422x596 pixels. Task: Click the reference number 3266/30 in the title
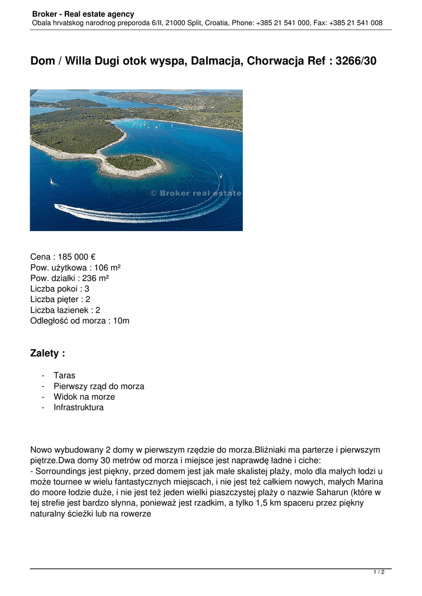pyautogui.click(x=356, y=61)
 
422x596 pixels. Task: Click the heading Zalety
pyautogui.click(x=47, y=353)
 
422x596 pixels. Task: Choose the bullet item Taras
pyautogui.click(x=65, y=376)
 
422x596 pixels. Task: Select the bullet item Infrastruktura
pyautogui.click(x=79, y=407)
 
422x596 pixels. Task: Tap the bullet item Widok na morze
pyautogui.click(x=84, y=397)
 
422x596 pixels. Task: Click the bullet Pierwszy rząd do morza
pyautogui.click(x=99, y=386)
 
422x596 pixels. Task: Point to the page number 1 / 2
pyautogui.click(x=379, y=573)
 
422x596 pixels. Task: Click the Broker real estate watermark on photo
pyautogui.click(x=196, y=193)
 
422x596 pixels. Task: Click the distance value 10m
pyautogui.click(x=120, y=320)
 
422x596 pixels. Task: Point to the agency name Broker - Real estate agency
pyautogui.click(x=83, y=14)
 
